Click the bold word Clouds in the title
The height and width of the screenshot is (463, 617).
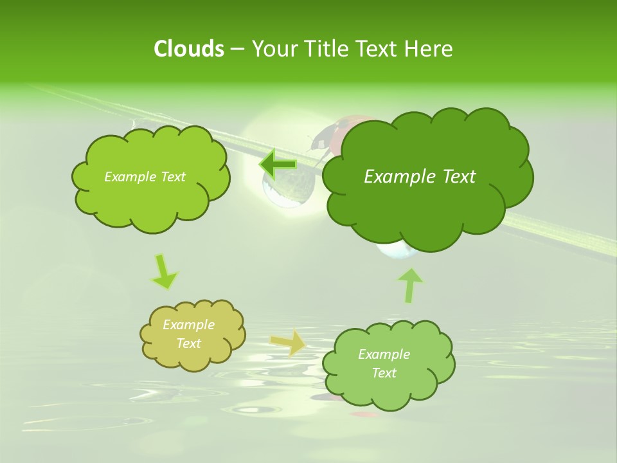pyautogui.click(x=188, y=49)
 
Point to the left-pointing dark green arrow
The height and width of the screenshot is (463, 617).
pyautogui.click(x=278, y=165)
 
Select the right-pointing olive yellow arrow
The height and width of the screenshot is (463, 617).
pyautogui.click(x=288, y=342)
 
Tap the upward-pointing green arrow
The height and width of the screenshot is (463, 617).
pyautogui.click(x=410, y=284)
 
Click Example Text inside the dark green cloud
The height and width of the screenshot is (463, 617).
pyautogui.click(x=420, y=177)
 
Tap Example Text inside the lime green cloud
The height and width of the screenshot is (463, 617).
pyautogui.click(x=145, y=177)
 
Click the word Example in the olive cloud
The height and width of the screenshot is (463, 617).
pyautogui.click(x=188, y=325)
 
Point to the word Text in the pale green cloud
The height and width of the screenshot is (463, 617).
pyautogui.click(x=384, y=373)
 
